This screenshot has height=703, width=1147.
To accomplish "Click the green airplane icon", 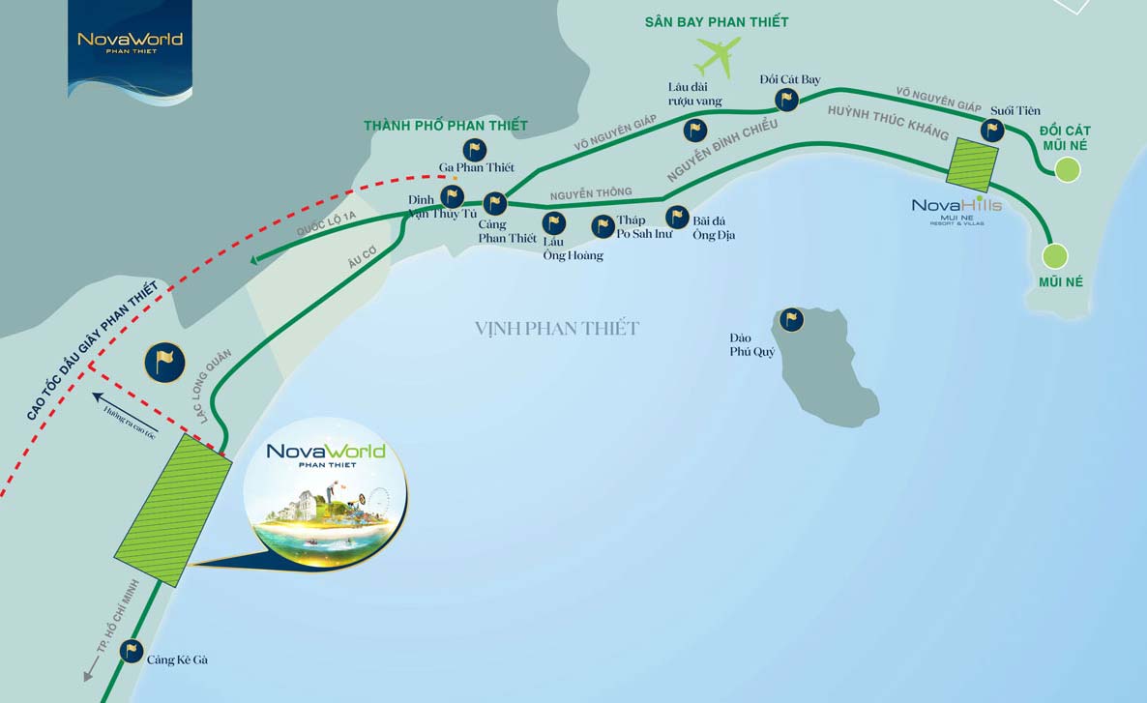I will [718, 56].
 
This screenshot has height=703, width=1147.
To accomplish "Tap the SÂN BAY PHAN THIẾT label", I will [717, 21].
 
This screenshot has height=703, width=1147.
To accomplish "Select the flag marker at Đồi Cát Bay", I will [787, 99].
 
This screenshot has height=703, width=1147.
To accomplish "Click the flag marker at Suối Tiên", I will [992, 130].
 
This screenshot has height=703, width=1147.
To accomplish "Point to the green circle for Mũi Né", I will [1054, 256].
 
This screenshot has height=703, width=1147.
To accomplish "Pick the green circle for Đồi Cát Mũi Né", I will [1067, 170].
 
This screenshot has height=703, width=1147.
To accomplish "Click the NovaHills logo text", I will [956, 205].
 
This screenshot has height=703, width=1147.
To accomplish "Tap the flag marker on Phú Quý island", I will [792, 319].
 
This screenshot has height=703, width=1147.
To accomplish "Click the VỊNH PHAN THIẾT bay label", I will [557, 329].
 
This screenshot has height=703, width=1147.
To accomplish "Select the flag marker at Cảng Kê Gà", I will [132, 652].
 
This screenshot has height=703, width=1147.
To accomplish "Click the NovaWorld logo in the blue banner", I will [130, 42].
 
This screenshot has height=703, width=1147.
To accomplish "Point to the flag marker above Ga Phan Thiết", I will [474, 150].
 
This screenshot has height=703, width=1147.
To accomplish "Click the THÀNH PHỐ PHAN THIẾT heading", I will [446, 126].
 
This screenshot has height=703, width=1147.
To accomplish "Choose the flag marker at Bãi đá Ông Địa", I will [677, 217].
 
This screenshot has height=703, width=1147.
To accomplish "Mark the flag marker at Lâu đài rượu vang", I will [694, 130].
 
